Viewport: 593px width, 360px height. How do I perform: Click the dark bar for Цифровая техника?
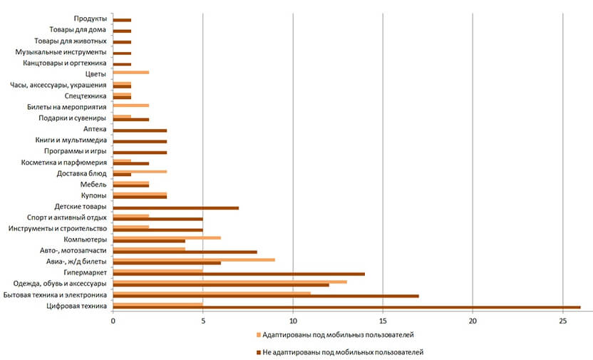[x=347, y=307]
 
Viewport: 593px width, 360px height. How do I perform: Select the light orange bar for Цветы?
[x=131, y=73]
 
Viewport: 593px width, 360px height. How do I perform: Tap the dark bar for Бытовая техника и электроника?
[x=266, y=296]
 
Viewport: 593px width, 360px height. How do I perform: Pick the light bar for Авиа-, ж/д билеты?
[x=194, y=259]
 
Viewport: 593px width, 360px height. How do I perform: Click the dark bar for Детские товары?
[x=176, y=207]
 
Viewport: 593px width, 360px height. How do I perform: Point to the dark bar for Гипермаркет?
[x=239, y=274]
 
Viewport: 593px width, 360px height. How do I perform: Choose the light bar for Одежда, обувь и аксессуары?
[x=230, y=282]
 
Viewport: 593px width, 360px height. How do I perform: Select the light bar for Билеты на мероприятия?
[x=131, y=105]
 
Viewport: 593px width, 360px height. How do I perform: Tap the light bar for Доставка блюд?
[x=140, y=171]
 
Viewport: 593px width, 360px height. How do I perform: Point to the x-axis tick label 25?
[x=562, y=321]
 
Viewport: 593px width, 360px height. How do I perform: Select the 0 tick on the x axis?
[x=113, y=321]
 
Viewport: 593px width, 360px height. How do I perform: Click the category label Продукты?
[x=91, y=19]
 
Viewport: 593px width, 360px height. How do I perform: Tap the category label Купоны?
[x=94, y=195]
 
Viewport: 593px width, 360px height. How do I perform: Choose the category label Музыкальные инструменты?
[x=61, y=52]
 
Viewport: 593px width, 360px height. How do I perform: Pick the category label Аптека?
[x=95, y=129]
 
